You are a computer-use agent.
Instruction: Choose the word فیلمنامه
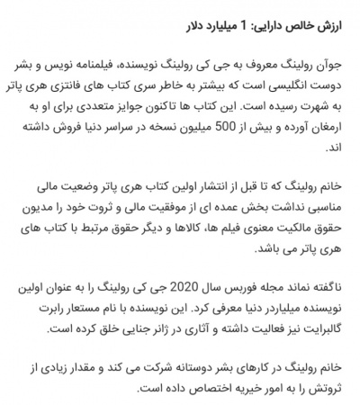coord(117,66)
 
